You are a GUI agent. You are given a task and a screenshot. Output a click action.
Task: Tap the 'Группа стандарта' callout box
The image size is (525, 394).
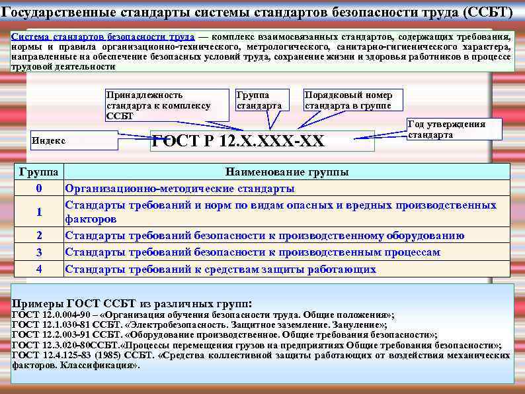[x=262, y=100]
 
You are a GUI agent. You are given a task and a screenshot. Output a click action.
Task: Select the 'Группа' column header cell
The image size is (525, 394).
[x=39, y=172]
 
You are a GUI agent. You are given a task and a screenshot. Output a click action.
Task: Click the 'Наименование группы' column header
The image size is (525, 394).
[x=287, y=172]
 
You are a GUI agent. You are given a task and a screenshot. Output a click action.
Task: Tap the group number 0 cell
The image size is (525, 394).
[x=39, y=188]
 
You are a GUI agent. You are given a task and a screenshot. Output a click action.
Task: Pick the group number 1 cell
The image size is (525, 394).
[x=39, y=212]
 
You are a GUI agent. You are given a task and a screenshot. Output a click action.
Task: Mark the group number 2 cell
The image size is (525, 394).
[x=39, y=235]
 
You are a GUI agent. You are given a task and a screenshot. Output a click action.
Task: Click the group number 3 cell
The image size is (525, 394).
[x=39, y=252]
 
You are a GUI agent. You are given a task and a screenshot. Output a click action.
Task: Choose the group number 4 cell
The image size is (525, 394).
[x=39, y=270]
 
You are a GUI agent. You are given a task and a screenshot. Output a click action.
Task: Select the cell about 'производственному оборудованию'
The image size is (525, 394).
[x=264, y=235]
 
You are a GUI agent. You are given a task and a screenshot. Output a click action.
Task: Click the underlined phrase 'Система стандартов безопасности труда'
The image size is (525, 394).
[x=103, y=36]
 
